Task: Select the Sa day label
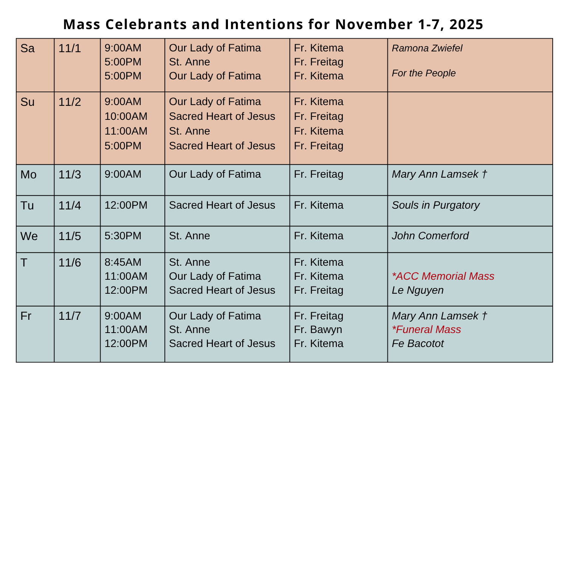(28, 48)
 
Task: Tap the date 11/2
(70, 102)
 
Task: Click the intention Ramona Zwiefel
(427, 48)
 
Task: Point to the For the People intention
(424, 73)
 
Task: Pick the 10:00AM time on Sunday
(126, 116)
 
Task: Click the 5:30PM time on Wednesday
(123, 236)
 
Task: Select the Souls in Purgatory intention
(435, 205)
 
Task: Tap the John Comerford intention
(430, 236)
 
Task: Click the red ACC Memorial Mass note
(443, 276)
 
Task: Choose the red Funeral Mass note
(426, 330)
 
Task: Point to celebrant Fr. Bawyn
(318, 330)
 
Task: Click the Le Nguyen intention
(418, 290)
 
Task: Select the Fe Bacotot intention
(418, 344)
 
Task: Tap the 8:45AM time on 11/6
(123, 262)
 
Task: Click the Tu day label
(27, 206)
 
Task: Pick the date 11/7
(70, 316)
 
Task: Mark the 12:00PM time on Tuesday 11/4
(126, 205)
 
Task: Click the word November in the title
(373, 25)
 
